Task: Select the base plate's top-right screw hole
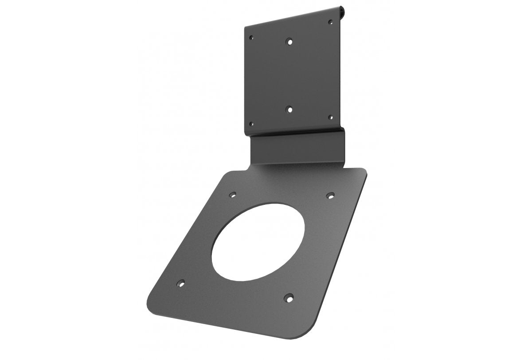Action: coord(330,195)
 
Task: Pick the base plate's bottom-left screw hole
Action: coord(180,282)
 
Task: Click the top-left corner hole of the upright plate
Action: coord(252,38)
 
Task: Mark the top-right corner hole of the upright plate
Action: coord(330,21)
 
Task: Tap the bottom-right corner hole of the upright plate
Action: coord(330,117)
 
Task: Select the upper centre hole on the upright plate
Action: coord(289,42)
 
